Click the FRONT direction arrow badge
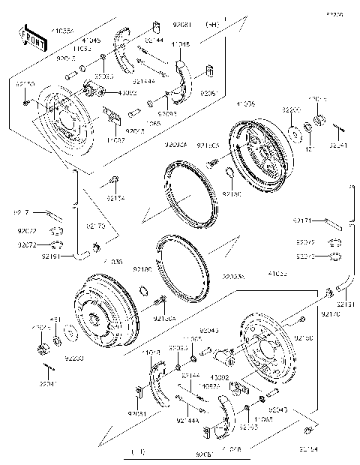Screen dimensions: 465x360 tap(32, 35)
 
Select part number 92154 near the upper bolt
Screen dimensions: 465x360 tap(115, 198)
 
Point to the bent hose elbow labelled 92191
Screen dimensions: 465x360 tap(81, 255)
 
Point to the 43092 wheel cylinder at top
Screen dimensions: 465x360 tap(96, 91)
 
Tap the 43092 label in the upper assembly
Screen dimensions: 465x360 tap(127, 93)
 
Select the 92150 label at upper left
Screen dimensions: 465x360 tap(25, 85)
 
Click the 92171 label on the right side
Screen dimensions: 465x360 tap(304, 220)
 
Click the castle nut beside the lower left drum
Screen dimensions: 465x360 tap(43, 347)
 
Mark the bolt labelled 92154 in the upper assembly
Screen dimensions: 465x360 tap(114, 180)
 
